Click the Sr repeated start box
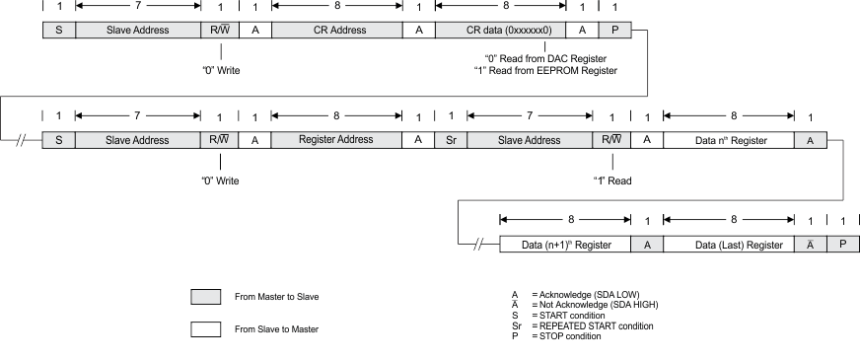coord(451,140)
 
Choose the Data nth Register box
coord(729,140)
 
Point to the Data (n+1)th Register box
coord(565,244)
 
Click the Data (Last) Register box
coord(729,244)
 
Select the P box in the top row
coord(614,30)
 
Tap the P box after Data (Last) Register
coord(843,244)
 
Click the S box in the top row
coord(58,30)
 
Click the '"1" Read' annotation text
coord(611,180)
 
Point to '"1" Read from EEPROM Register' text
coord(545,70)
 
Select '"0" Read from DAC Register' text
coord(545,59)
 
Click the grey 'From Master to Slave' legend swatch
coord(205,296)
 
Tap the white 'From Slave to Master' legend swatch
coord(205,330)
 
